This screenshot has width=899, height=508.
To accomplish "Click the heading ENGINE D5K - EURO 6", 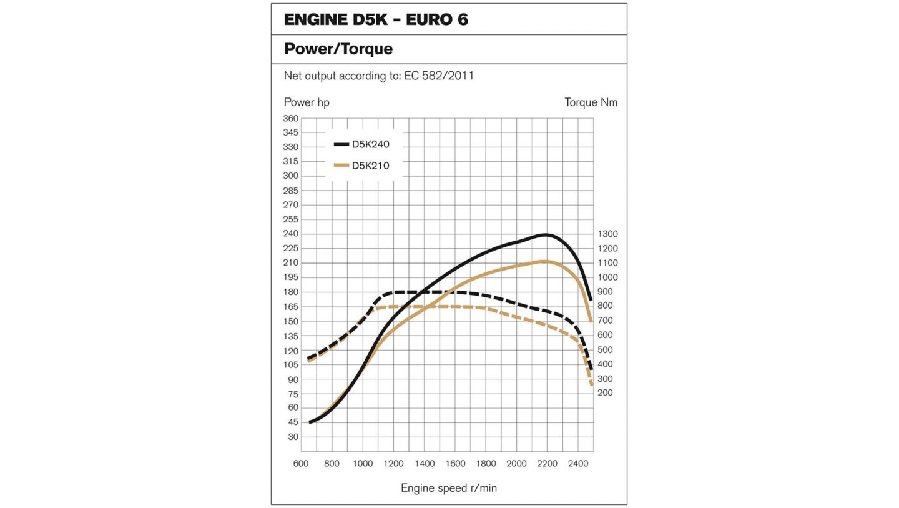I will pyautogui.click(x=376, y=19).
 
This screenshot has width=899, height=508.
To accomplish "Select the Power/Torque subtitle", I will pyautogui.click(x=338, y=49).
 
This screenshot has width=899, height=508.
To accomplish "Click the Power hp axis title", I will pyautogui.click(x=307, y=102).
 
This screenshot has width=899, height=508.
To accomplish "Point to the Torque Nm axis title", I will pyautogui.click(x=591, y=102).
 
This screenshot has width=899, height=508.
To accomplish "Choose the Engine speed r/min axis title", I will pyautogui.click(x=449, y=488).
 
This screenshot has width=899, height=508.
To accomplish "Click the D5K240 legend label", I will pyautogui.click(x=370, y=144).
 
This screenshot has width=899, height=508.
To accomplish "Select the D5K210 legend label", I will pyautogui.click(x=370, y=166).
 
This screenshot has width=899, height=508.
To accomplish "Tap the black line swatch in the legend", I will pyautogui.click(x=341, y=144).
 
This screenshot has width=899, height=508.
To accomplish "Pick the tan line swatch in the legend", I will pyautogui.click(x=341, y=166).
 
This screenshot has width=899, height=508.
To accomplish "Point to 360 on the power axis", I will pyautogui.click(x=291, y=118).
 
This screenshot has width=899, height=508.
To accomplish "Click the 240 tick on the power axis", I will pyautogui.click(x=291, y=234).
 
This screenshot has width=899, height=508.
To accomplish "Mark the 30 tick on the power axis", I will pyautogui.click(x=293, y=437).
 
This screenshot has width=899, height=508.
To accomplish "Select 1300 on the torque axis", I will pyautogui.click(x=607, y=234).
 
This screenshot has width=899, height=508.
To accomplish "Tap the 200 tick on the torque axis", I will pyautogui.click(x=605, y=392).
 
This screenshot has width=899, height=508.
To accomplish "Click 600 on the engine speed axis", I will pyautogui.click(x=301, y=464).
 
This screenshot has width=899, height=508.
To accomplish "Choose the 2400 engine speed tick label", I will pyautogui.click(x=578, y=464).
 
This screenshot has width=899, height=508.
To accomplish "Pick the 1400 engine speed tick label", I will pyautogui.click(x=425, y=464).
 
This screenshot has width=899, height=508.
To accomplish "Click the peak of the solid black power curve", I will pyautogui.click(x=546, y=235).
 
